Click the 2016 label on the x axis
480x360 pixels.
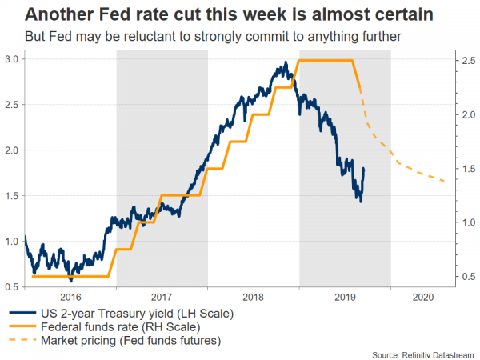click(x=70, y=296)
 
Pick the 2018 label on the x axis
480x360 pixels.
click(x=254, y=296)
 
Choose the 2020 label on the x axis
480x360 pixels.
click(x=423, y=296)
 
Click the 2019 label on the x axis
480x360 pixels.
click(x=345, y=296)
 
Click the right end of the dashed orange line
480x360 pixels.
click(x=445, y=181)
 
